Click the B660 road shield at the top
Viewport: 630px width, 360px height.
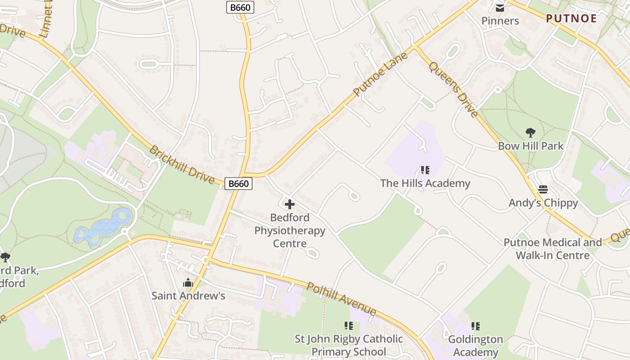(240, 7)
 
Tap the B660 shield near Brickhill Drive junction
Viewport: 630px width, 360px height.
(238, 184)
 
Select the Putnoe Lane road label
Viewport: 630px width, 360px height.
(380, 74)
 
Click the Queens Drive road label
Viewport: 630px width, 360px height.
(453, 89)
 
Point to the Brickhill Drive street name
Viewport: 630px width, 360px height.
(182, 164)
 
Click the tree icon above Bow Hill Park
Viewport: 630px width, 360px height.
(531, 133)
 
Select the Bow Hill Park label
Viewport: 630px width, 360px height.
(531, 146)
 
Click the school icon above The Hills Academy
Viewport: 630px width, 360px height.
(425, 170)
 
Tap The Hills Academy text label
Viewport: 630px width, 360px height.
(425, 183)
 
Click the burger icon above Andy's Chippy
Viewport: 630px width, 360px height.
(543, 189)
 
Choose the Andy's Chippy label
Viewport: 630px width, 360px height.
(543, 202)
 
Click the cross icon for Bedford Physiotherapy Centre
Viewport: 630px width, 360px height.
(290, 204)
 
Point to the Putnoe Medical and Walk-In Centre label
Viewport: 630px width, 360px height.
(553, 249)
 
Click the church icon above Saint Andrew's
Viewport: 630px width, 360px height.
(188, 283)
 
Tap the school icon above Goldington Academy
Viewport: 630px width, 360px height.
(475, 326)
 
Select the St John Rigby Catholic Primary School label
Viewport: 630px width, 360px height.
(349, 345)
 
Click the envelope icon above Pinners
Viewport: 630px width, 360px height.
(500, 8)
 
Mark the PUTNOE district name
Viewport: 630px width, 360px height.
(571, 18)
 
